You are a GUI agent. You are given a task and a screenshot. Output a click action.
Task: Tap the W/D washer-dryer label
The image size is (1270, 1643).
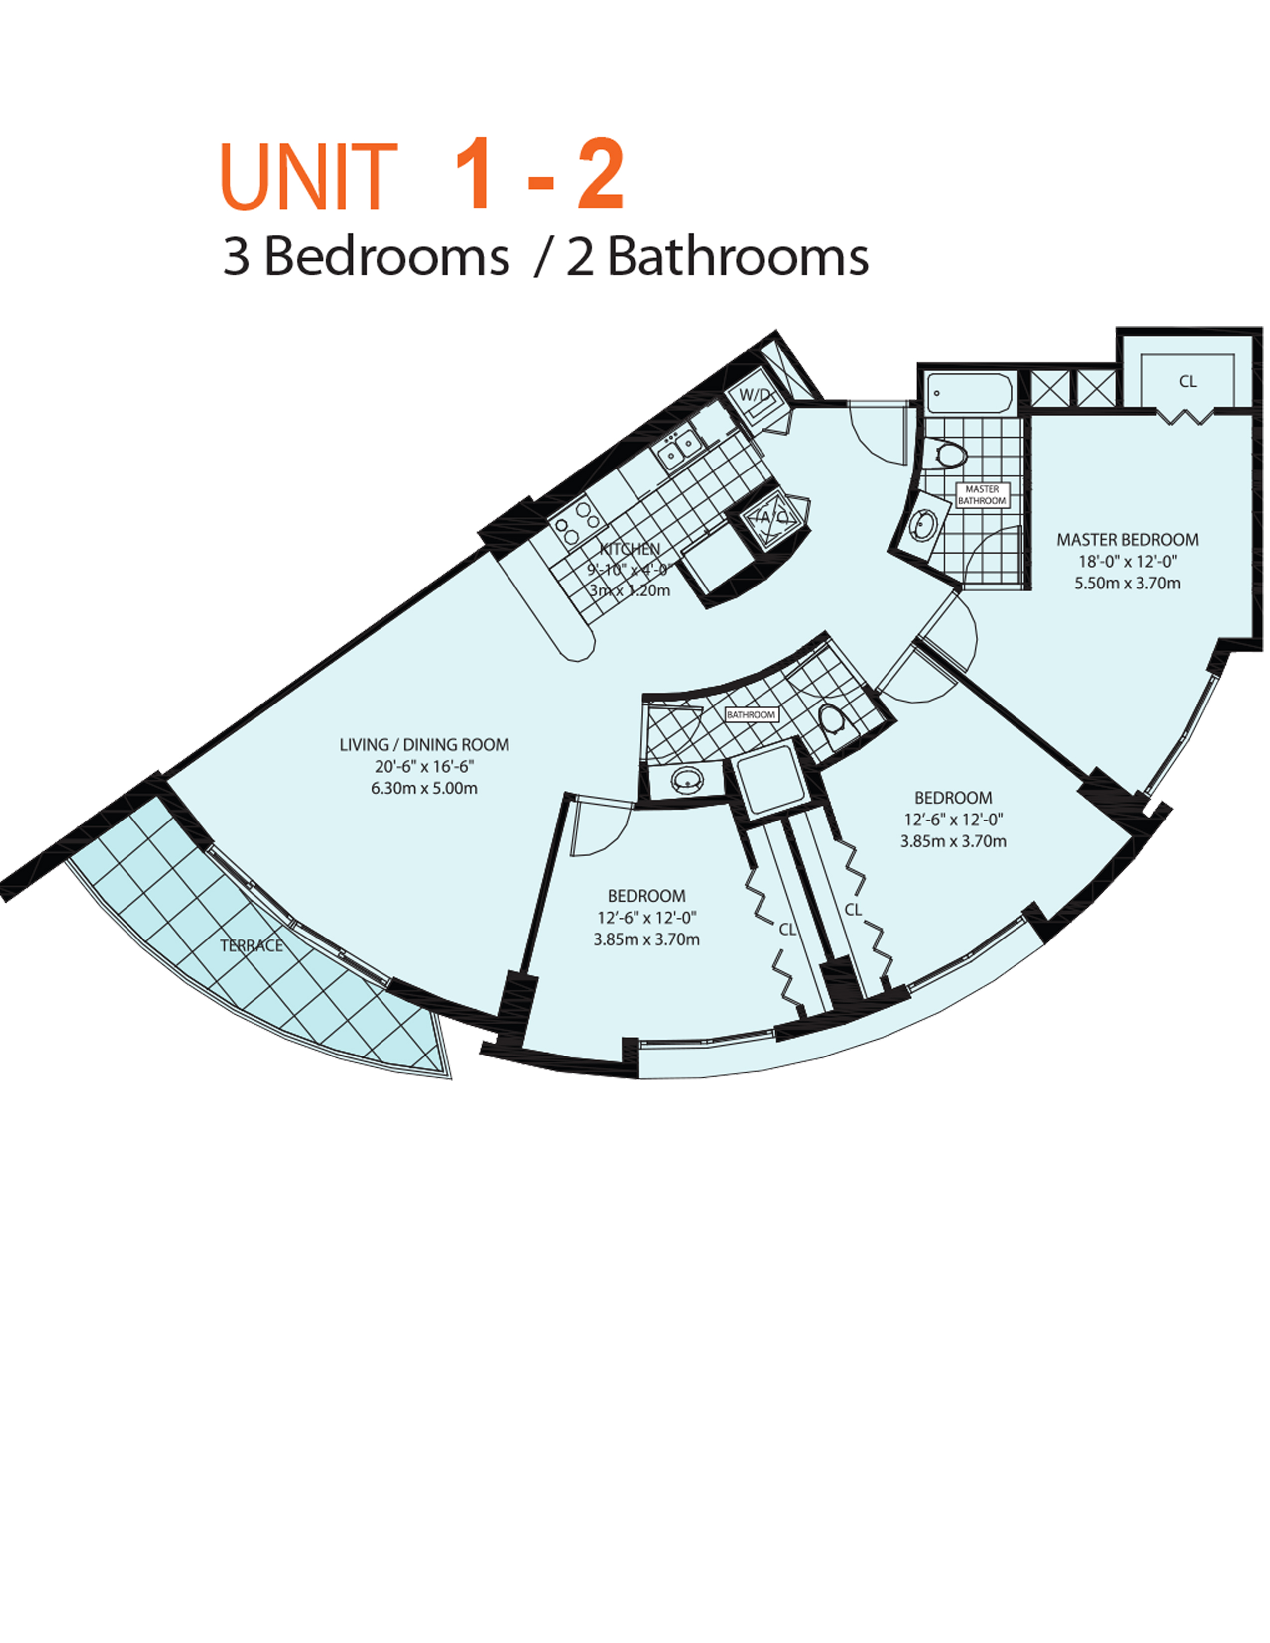(754, 395)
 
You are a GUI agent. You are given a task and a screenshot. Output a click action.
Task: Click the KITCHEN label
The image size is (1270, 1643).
(630, 549)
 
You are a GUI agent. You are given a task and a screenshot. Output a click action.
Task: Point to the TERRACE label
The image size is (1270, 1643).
(252, 945)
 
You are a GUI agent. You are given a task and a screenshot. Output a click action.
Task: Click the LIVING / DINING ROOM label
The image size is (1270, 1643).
(424, 745)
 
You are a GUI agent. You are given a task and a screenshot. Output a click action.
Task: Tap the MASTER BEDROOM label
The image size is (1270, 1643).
(1127, 539)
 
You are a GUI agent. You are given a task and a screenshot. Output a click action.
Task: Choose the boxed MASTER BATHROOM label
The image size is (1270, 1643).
(981, 495)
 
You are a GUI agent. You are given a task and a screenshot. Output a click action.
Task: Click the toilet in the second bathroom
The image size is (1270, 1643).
(831, 718)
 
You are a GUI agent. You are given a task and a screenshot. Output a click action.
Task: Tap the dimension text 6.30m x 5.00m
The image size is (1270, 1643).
(424, 789)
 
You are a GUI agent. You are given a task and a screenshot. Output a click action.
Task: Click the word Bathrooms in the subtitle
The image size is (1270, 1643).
(737, 257)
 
